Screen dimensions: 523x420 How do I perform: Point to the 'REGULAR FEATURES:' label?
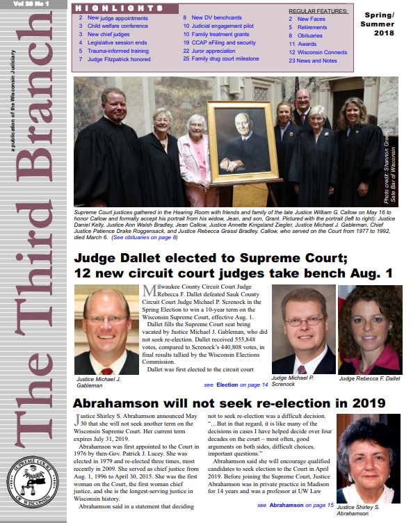318,12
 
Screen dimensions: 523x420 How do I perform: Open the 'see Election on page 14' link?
236,384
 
